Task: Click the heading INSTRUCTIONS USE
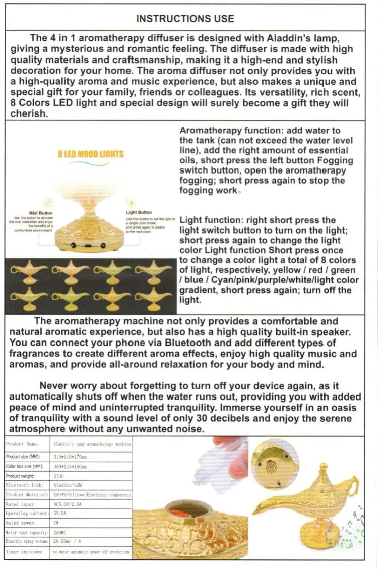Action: click(185, 19)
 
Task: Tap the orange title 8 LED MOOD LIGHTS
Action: click(90, 154)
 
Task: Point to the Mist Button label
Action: click(41, 213)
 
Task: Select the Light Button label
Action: click(139, 212)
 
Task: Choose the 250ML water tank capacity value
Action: click(60, 532)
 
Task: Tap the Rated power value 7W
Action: click(56, 523)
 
